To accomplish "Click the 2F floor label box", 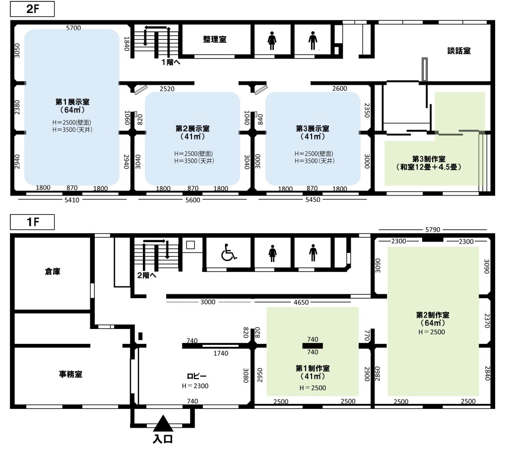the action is point(32,9).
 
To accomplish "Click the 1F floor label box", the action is point(32,222).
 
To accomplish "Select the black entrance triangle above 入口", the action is point(163,423).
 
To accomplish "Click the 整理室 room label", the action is point(214,40).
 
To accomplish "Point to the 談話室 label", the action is point(459,51).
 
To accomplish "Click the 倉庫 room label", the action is point(53,271).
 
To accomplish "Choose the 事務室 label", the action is point(70,374).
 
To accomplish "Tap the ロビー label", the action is point(196,376).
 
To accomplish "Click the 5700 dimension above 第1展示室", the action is point(73,28).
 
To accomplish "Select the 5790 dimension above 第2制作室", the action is point(433,230).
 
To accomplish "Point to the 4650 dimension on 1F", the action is point(301,302).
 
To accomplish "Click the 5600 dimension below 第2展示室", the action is point(192,200).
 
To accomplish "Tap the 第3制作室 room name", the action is point(429,159).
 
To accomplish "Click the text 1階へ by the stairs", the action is point(171,62).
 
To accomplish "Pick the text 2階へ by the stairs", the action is point(147,275).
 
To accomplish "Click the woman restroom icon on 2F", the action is point(272,41).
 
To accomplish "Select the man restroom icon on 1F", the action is point(313,253).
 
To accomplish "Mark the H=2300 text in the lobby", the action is point(195,386).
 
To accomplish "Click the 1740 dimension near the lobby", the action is point(221,353).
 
